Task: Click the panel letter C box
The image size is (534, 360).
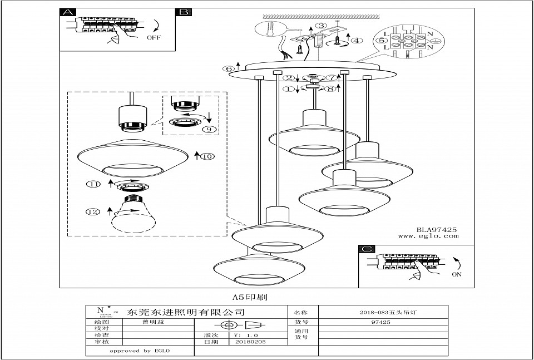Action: [365, 249]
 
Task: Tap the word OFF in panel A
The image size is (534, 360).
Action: [154, 38]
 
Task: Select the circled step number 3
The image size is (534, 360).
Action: [321, 26]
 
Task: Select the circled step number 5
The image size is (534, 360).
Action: [382, 40]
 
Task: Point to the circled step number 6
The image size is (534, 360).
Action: [228, 69]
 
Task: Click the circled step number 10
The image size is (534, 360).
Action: [207, 156]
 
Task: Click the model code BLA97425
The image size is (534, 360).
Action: [437, 229]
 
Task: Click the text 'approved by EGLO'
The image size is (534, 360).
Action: [139, 351]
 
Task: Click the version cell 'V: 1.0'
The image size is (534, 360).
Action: [247, 336]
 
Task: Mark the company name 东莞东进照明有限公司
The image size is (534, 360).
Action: [186, 312]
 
